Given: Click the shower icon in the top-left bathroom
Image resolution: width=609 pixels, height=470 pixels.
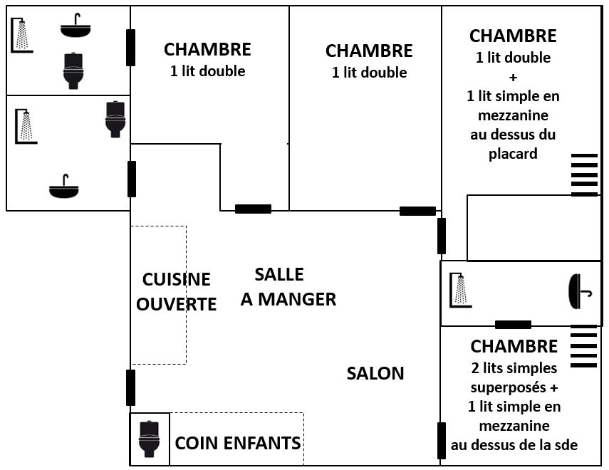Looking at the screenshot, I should tap(22, 36).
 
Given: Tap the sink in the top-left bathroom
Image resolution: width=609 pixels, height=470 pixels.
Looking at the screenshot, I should tap(76, 27).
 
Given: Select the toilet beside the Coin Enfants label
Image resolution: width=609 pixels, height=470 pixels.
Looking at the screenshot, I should tap(149, 439).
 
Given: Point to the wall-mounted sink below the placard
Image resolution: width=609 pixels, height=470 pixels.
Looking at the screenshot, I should tap(579, 292).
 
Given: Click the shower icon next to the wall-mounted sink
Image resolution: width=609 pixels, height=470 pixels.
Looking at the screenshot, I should tap(461, 292).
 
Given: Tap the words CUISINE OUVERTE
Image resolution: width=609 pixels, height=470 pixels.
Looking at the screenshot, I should tap(176, 292).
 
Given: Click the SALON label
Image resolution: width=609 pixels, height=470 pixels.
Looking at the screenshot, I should tap(375, 373).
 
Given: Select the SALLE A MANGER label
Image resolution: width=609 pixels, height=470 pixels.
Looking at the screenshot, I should tap(288, 287).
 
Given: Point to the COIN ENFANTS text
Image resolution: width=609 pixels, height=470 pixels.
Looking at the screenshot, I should tap(238, 443).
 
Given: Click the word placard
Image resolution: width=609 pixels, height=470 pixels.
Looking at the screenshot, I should tap(513, 154).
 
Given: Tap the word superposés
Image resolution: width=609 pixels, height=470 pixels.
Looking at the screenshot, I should tap(514, 387).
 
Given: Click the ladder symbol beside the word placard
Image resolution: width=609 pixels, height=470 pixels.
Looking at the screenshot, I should tap(584, 174).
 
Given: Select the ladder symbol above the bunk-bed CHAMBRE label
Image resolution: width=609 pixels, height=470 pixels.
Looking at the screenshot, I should tap(584, 346).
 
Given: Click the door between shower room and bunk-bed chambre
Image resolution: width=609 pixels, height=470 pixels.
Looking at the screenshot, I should tap(513, 325).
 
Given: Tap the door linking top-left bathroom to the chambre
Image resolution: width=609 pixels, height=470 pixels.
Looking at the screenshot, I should tap(130, 48).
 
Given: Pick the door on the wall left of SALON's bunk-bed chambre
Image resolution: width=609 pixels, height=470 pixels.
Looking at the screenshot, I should tap(442, 440).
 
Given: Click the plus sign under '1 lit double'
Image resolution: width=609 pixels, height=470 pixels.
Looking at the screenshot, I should tap(513, 77).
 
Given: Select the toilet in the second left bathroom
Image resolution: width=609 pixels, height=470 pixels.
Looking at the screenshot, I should tap(115, 118).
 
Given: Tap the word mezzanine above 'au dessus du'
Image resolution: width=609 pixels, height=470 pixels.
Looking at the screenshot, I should tap(513, 115).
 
